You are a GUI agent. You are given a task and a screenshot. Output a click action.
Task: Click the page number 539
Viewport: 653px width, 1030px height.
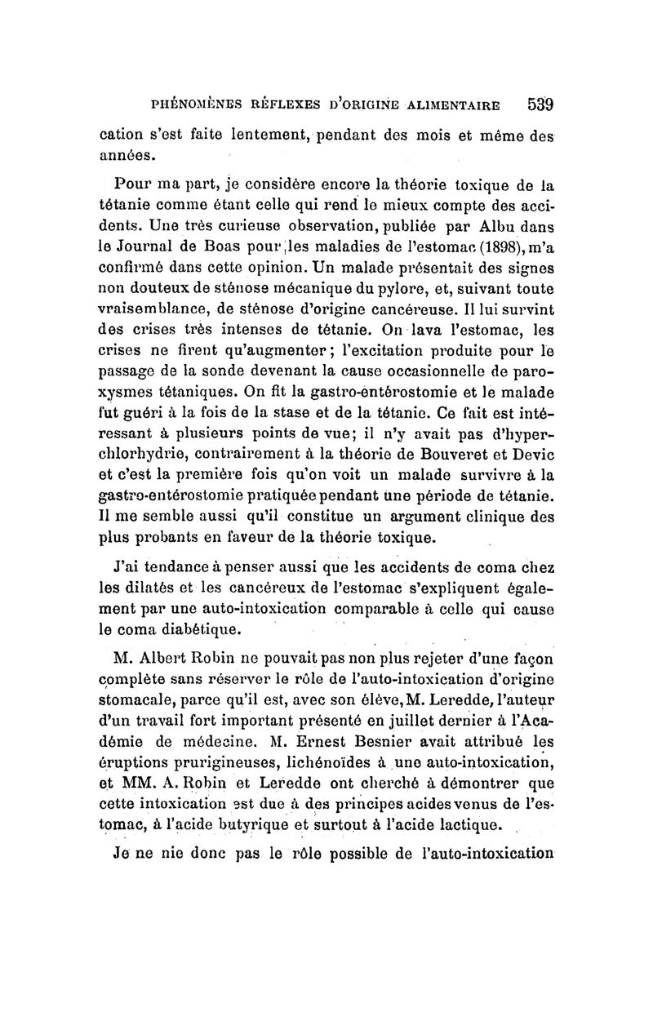(x=540, y=105)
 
